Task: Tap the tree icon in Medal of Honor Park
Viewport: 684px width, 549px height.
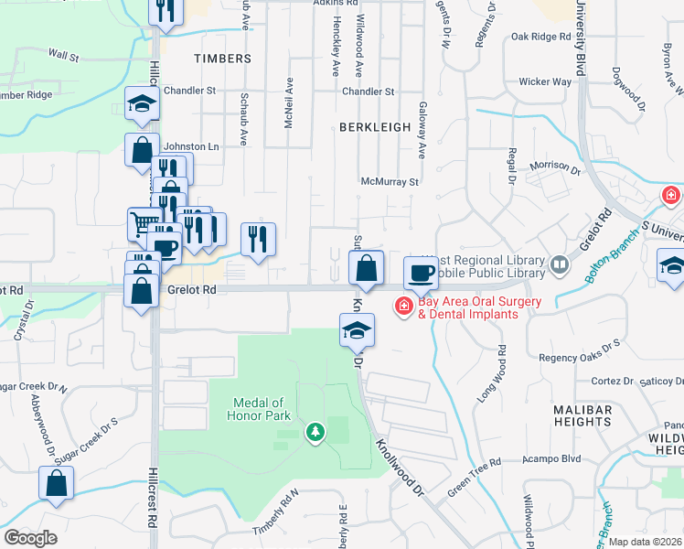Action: point(315,430)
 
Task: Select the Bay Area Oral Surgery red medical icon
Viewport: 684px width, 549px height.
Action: point(402,306)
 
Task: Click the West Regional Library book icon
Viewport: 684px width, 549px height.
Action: point(559,265)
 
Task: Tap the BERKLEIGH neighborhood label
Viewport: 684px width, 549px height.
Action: point(375,127)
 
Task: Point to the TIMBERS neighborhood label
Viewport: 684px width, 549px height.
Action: point(222,59)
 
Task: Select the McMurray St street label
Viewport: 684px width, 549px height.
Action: point(390,182)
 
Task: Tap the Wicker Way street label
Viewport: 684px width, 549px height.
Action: point(545,82)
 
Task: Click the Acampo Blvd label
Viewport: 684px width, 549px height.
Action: point(558,460)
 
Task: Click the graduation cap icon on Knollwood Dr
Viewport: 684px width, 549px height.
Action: point(357,329)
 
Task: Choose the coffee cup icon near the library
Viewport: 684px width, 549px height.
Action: point(422,272)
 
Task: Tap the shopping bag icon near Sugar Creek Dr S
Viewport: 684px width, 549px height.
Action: point(56,482)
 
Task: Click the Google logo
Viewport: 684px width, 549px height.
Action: point(30,537)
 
